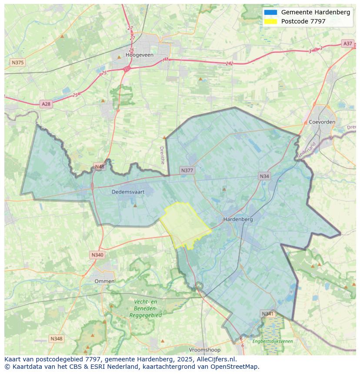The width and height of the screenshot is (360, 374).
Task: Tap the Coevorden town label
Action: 322,122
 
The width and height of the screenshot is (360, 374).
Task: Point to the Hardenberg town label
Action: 238,219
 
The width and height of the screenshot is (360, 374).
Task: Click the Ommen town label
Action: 104,281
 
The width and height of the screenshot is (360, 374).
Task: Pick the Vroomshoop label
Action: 204,350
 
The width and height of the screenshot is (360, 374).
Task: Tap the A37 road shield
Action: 348,43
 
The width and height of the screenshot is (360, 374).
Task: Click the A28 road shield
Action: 46,104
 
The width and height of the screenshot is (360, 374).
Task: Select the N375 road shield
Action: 18,63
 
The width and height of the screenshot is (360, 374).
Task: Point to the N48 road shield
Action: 100,167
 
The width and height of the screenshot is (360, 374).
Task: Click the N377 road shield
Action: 187,170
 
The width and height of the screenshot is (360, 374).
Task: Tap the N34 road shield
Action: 264,176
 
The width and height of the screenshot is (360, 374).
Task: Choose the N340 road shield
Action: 97,255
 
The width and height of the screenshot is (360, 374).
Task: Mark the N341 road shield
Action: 268,314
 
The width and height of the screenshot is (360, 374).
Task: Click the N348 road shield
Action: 56,338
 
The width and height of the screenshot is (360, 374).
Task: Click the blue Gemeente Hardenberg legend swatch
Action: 270,12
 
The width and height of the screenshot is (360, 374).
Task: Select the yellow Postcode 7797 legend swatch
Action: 270,21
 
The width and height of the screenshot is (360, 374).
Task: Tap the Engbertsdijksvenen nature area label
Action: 273,341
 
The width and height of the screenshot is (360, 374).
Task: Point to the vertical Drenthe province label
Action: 162,155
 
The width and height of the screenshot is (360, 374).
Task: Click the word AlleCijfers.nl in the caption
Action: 216,359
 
